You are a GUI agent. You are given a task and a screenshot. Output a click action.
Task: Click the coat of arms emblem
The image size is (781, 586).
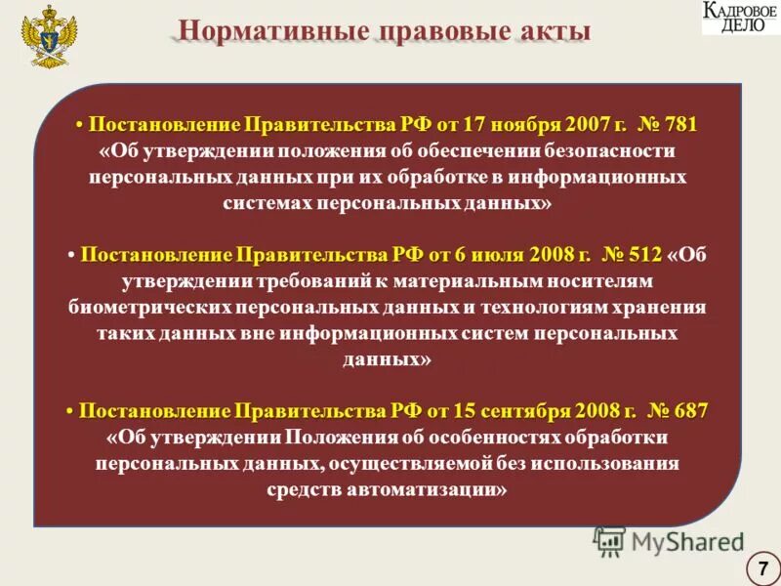click(x=47, y=35)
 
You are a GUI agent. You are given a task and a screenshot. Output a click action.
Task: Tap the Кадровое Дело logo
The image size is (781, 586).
click(x=740, y=18)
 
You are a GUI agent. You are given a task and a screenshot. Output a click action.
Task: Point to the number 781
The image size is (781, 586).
click(x=681, y=126)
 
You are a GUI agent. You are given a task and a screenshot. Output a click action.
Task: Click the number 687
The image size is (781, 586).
click(x=690, y=410)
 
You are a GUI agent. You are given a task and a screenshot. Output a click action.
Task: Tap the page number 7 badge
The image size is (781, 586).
click(x=760, y=566)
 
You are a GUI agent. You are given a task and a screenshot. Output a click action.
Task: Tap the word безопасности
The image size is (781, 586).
click(x=610, y=152)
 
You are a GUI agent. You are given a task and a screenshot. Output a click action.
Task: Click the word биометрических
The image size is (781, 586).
click(x=149, y=307)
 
